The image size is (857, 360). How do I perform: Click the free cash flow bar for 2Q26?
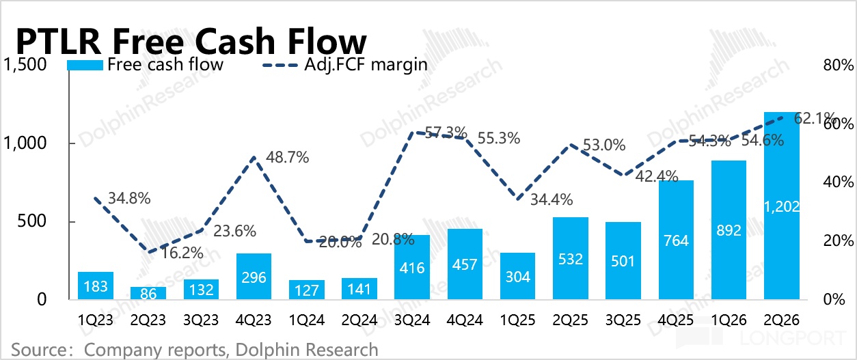click(781, 206)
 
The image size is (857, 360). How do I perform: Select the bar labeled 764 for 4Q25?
click(676, 240)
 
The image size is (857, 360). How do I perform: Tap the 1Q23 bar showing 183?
click(96, 286)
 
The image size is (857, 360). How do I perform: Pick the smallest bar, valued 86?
click(148, 293)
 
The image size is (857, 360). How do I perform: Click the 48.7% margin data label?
click(287, 157)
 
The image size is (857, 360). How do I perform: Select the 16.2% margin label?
click(182, 253)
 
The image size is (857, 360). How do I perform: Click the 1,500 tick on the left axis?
click(25, 64)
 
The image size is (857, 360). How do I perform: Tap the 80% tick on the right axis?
click(839, 65)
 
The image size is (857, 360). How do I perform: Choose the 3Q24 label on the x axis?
click(412, 320)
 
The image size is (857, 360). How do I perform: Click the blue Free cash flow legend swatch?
click(85, 65)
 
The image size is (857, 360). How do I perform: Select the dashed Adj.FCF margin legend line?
click(280, 65)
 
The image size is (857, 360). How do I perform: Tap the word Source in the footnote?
click(40, 350)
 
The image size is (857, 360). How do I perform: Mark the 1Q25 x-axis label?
click(517, 320)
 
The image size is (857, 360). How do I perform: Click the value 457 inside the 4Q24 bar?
click(465, 264)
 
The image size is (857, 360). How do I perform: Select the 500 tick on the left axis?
click(31, 221)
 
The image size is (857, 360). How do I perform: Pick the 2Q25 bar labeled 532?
click(571, 258)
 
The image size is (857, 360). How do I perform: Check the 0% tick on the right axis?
click(834, 299)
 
